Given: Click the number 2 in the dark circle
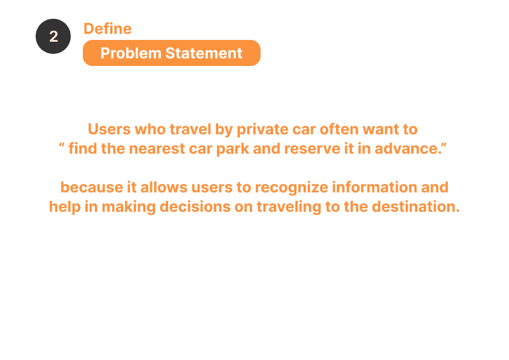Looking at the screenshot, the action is tap(54, 36).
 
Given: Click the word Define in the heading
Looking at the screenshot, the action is tap(108, 28).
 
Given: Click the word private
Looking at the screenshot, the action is tap(262, 129).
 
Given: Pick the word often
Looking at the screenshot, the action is tap(339, 129).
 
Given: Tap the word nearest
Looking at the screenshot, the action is tap(157, 148).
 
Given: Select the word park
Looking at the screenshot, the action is tap(232, 149).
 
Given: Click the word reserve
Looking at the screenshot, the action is tap(312, 148).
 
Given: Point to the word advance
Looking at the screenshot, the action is tap(407, 148).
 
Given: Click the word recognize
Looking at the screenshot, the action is tap(291, 188).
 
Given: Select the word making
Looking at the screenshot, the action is tap(129, 207).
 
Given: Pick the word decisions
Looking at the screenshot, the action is tap(195, 207).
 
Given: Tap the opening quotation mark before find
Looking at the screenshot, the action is tap(62, 145).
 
